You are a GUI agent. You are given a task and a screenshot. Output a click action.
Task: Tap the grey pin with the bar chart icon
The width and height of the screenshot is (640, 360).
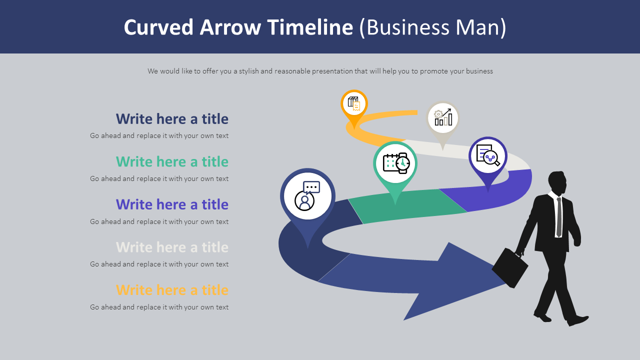click(x=442, y=118)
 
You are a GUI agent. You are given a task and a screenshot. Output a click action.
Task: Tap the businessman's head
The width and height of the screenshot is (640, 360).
click(x=557, y=182)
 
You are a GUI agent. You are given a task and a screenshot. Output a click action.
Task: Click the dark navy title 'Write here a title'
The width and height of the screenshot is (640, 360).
click(x=172, y=119)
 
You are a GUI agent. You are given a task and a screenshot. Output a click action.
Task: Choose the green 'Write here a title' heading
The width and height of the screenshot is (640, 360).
click(x=172, y=162)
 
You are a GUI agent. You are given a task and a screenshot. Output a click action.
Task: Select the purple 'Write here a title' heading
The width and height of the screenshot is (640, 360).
click(x=172, y=204)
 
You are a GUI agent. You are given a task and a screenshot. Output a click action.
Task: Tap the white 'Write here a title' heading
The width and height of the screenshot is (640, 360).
click(x=172, y=247)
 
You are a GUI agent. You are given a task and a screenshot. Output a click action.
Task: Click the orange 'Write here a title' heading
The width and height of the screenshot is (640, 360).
click(x=172, y=290)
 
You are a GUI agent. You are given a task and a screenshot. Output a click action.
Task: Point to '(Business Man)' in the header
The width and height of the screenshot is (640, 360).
click(x=432, y=27)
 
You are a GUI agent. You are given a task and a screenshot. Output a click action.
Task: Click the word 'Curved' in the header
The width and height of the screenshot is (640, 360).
click(x=159, y=27)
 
